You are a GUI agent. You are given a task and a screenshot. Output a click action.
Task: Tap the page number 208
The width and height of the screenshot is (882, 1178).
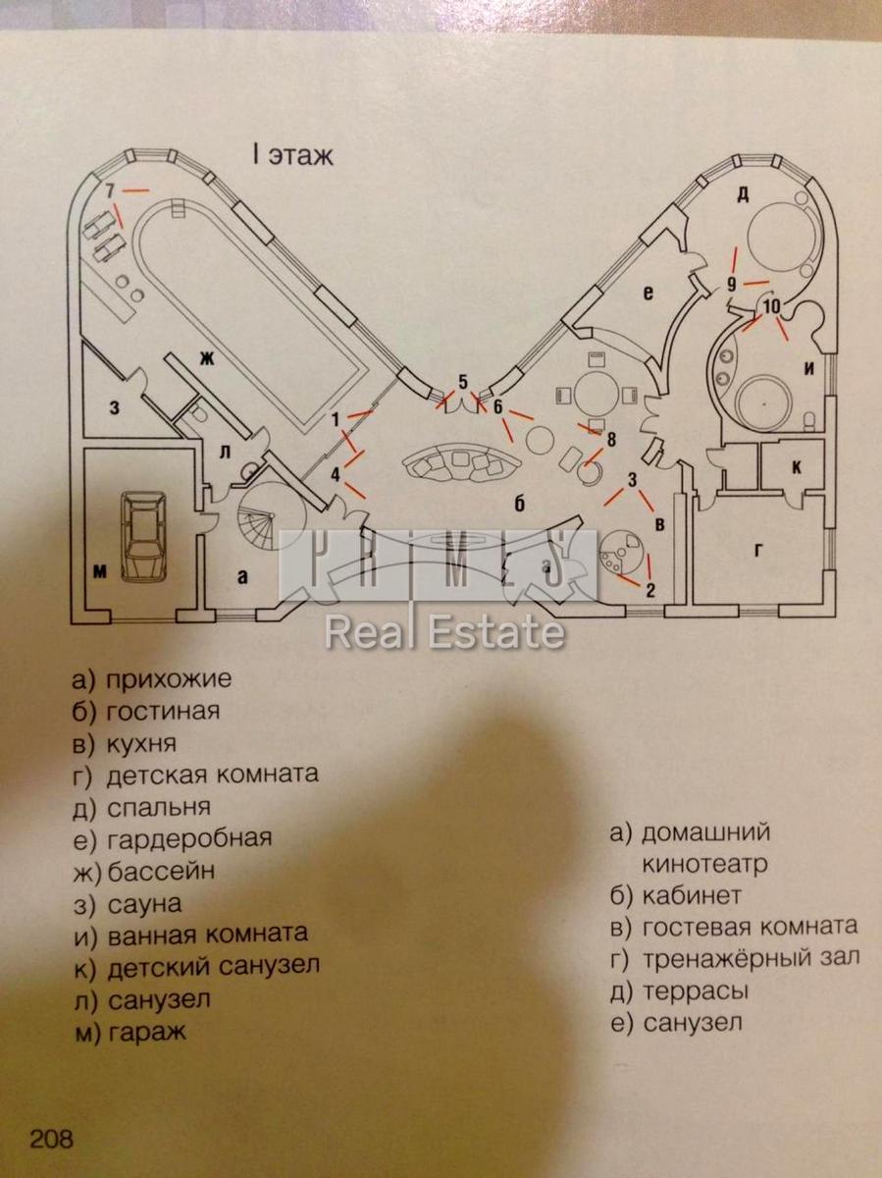click(x=51, y=1141)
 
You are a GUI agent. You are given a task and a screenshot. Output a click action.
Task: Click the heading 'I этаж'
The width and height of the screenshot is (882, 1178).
click(x=292, y=155)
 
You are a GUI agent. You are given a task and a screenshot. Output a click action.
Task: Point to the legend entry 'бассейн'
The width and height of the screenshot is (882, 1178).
click(x=161, y=871)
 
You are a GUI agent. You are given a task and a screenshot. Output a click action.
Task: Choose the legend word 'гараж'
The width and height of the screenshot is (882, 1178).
click(x=148, y=1032)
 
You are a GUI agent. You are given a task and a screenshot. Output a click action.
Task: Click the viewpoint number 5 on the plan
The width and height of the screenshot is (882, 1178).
click(x=463, y=382)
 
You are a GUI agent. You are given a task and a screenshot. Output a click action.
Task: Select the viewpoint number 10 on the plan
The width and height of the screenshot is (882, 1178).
click(x=771, y=306)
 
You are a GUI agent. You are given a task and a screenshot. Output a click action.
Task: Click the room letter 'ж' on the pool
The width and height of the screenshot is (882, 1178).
click(x=206, y=358)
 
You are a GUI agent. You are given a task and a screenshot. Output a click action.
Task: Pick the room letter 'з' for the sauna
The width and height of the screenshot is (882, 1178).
click(x=114, y=406)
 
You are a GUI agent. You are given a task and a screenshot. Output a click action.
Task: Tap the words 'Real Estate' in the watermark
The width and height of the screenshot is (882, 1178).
click(x=444, y=633)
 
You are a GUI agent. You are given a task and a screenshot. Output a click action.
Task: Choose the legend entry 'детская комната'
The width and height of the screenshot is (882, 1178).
click(x=213, y=774)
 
